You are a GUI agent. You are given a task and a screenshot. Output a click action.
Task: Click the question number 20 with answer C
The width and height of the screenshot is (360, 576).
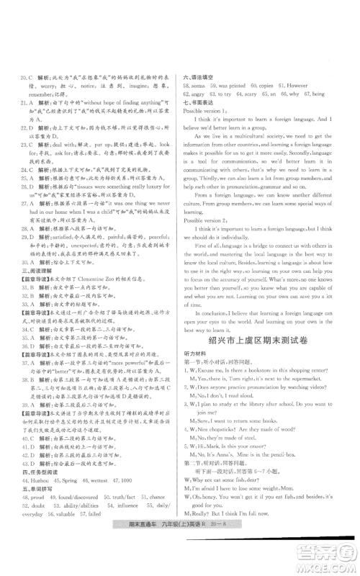23,76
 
